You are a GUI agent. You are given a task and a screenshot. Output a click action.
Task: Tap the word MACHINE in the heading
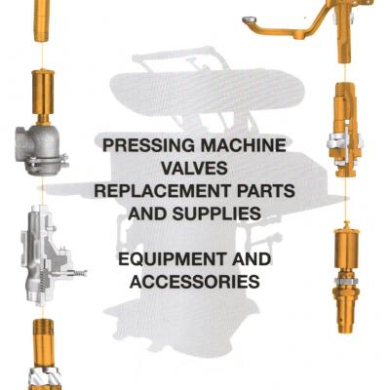(x=243, y=145)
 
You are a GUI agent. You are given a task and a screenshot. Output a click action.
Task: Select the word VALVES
(x=194, y=168)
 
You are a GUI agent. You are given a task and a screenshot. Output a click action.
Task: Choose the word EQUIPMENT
(x=172, y=259)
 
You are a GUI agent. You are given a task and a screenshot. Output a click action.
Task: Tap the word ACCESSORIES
(x=194, y=282)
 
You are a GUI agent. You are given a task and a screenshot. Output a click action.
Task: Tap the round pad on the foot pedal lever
(x=251, y=19)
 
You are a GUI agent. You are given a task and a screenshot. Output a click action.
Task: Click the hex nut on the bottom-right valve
(x=347, y=280)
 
